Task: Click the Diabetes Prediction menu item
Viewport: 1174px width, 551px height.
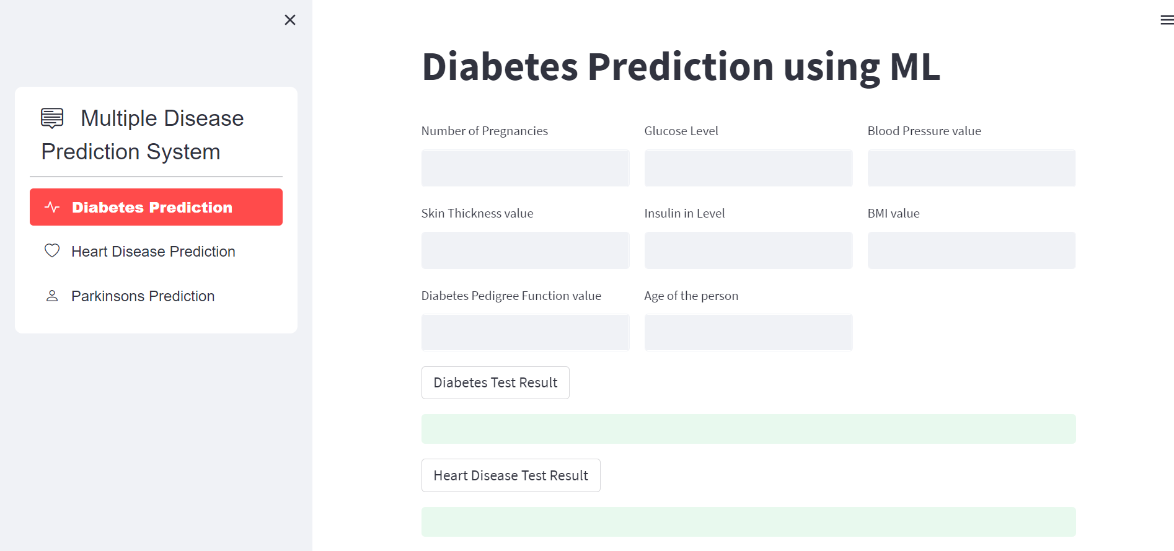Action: (156, 207)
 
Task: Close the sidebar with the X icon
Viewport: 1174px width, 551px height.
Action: (289, 20)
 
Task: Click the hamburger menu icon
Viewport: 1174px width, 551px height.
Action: (1167, 20)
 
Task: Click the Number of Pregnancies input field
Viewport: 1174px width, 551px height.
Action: (525, 168)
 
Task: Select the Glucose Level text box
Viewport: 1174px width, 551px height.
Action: (748, 168)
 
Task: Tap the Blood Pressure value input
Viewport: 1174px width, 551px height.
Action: (971, 168)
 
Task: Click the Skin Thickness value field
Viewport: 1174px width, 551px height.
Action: (525, 250)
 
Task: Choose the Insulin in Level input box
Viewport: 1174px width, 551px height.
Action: (748, 250)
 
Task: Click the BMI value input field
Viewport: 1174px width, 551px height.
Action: (971, 250)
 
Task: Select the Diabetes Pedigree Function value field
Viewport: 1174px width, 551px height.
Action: (525, 333)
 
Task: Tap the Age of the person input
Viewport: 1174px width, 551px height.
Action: (748, 333)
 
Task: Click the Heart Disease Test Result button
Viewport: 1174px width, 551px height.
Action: (511, 475)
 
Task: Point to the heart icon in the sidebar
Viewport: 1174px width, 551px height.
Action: (52, 251)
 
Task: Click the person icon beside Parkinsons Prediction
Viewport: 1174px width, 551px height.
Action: (52, 296)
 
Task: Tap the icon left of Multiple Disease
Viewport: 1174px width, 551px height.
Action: (52, 118)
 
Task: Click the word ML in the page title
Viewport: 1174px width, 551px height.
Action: (915, 67)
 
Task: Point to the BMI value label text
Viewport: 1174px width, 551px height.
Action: (893, 213)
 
